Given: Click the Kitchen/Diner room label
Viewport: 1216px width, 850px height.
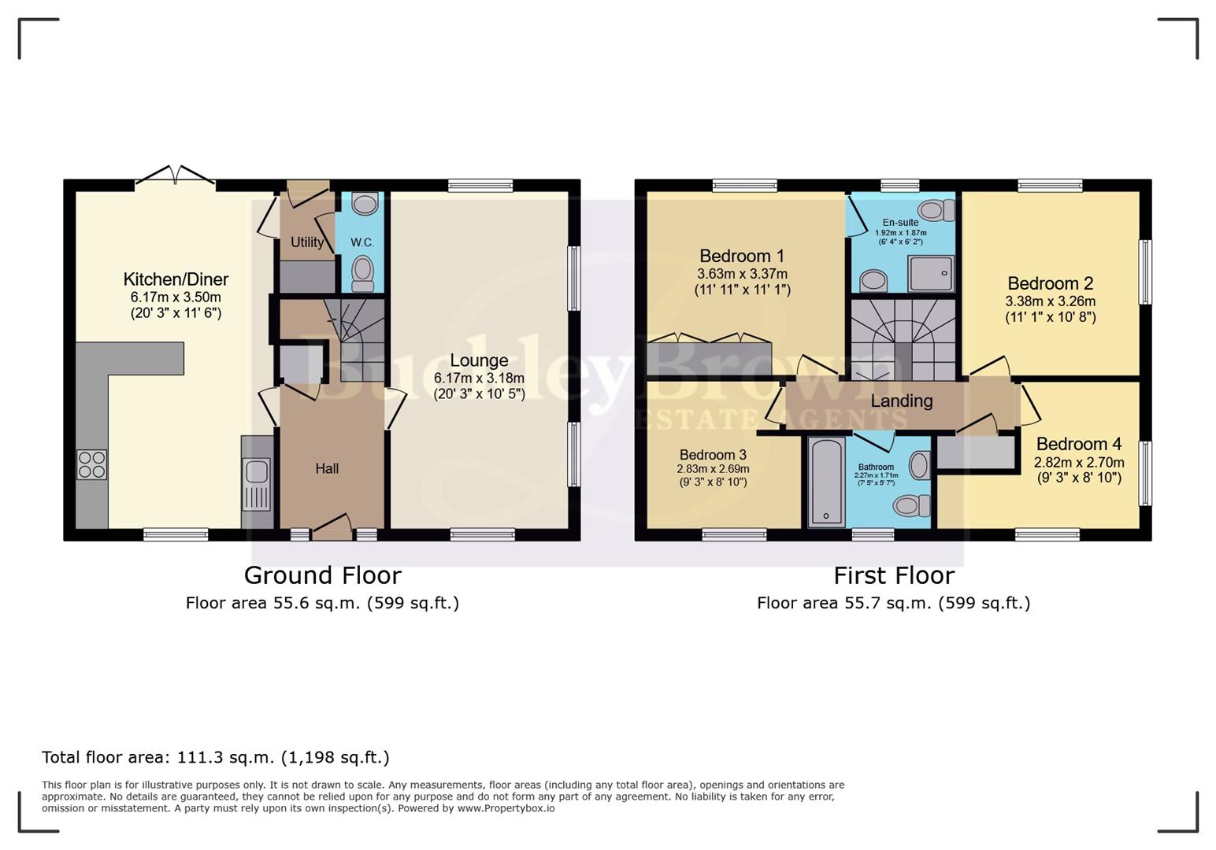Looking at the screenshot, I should pyautogui.click(x=176, y=279).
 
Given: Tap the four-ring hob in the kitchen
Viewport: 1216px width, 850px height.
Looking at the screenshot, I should pyautogui.click(x=91, y=464).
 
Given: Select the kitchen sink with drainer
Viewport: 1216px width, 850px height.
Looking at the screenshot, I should pyautogui.click(x=257, y=483).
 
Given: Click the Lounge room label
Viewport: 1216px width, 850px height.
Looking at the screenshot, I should pyautogui.click(x=479, y=360).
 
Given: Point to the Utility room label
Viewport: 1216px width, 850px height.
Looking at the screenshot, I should pyautogui.click(x=307, y=242).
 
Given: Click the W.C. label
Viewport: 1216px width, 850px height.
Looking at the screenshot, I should pyautogui.click(x=362, y=242).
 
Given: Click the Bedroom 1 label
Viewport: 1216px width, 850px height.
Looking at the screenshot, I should pyautogui.click(x=742, y=256).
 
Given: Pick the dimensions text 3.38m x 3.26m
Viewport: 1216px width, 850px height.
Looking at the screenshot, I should pyautogui.click(x=1050, y=301).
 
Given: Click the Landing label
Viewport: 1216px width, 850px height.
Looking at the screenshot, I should pyautogui.click(x=901, y=401).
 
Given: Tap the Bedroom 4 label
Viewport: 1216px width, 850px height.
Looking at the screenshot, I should pyautogui.click(x=1079, y=444).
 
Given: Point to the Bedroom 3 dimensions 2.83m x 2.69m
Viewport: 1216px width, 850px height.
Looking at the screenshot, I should pyautogui.click(x=713, y=469).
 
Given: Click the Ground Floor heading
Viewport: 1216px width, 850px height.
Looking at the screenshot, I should pyautogui.click(x=322, y=575).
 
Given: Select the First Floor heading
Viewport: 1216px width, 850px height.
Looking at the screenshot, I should pyautogui.click(x=893, y=575).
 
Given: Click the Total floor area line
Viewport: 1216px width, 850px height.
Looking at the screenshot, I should pyautogui.click(x=215, y=757).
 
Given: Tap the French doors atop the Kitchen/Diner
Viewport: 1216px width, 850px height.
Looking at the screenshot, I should pyautogui.click(x=175, y=178).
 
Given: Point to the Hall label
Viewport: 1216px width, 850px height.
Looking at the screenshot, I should pyautogui.click(x=327, y=468).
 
